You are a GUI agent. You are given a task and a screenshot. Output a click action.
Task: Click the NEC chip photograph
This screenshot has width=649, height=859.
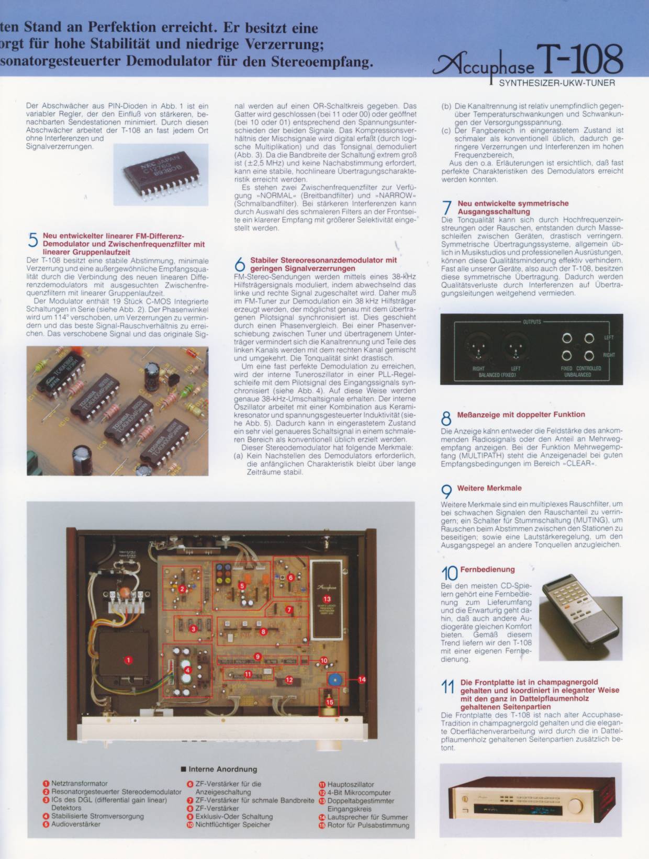161,175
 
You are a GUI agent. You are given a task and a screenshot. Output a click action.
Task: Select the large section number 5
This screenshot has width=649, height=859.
33,240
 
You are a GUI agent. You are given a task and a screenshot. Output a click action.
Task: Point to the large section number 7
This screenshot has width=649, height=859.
447,208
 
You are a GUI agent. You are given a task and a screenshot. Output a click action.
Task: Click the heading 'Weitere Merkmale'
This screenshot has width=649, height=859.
489,489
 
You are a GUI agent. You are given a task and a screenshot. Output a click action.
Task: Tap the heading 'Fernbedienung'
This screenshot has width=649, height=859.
487,569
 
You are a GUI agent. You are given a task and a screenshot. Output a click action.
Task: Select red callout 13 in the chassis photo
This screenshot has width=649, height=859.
327,599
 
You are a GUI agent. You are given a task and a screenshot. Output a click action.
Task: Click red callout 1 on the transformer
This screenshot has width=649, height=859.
128,660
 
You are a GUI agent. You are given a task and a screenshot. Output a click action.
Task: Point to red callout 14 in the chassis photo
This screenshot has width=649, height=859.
362,680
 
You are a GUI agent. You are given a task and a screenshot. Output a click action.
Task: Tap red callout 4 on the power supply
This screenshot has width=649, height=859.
187,670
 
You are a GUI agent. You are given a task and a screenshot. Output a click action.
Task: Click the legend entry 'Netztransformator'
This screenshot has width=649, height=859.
80,784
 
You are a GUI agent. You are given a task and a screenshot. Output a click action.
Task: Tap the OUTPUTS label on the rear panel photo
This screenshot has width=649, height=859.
532,322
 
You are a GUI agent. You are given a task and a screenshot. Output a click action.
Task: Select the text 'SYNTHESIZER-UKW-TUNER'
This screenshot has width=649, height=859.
557,83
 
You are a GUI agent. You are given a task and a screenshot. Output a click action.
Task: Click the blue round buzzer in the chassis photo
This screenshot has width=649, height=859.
334,680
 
